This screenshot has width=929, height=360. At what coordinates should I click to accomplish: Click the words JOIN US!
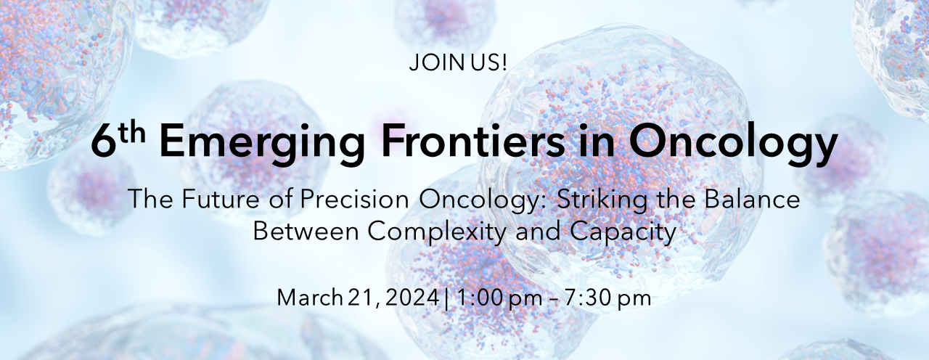pyautogui.click(x=457, y=63)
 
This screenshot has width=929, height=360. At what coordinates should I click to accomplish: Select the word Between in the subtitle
pyautogui.click(x=306, y=231)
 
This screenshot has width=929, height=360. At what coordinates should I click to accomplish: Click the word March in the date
pyautogui.click(x=309, y=298)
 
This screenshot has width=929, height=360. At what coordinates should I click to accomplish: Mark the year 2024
pyautogui.click(x=412, y=298)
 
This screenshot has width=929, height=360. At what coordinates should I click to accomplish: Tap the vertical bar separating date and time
pyautogui.click(x=446, y=298)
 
